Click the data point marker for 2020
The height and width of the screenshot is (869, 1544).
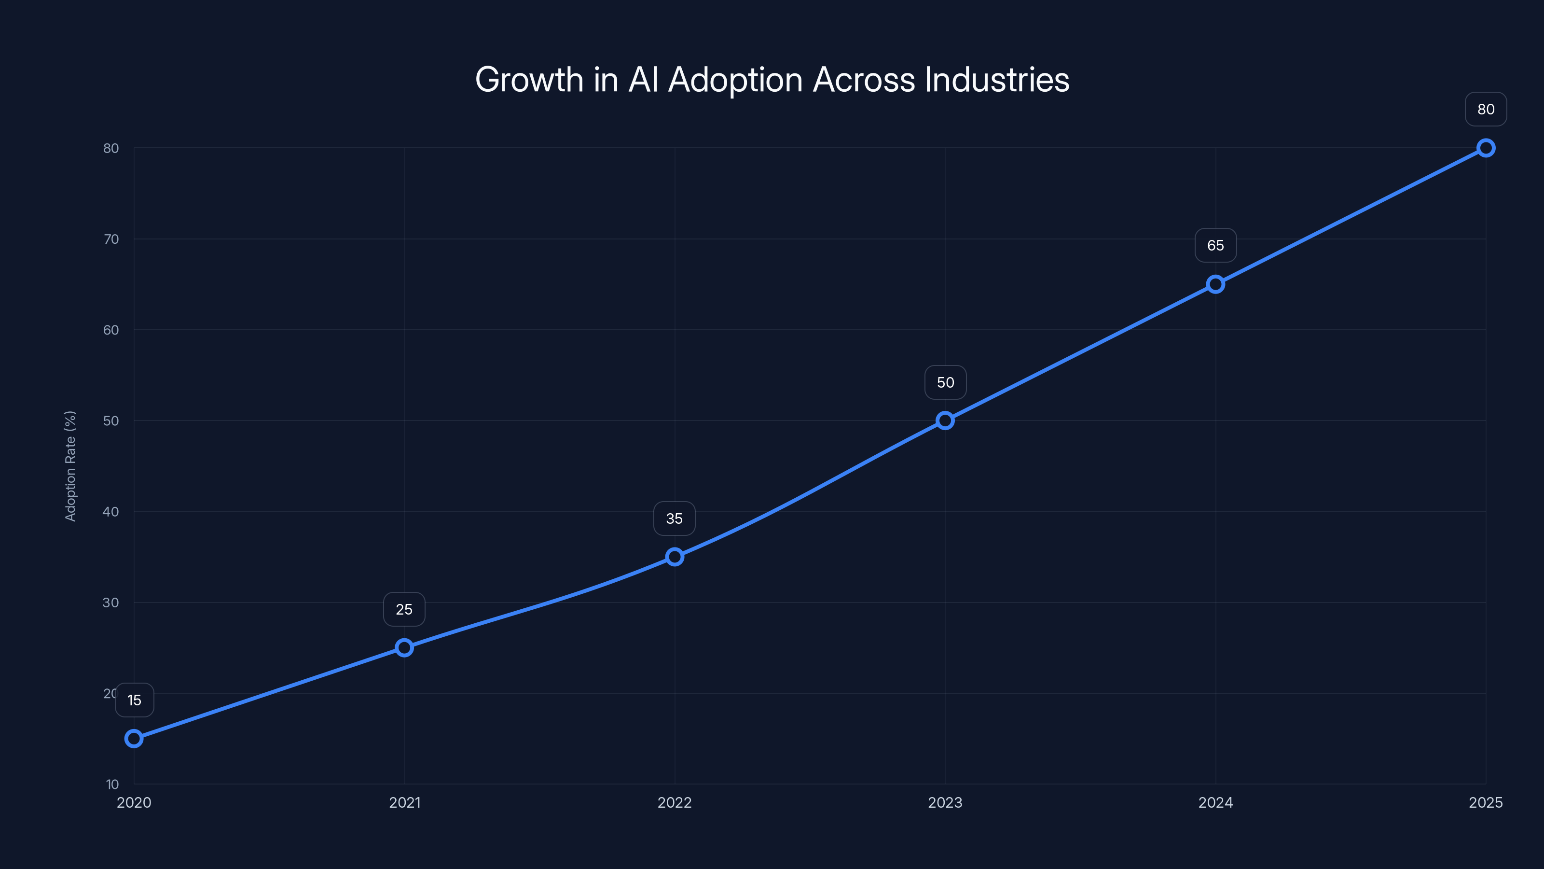[134, 738]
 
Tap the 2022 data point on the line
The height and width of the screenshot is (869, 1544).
[675, 557]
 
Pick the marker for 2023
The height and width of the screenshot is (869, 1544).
[945, 420]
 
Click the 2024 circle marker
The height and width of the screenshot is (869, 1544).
[1215, 284]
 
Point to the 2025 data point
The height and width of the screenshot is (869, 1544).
[1486, 148]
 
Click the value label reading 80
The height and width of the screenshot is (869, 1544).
[1486, 109]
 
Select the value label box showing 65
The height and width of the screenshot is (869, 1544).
[1215, 245]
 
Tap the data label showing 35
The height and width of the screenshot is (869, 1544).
[675, 519]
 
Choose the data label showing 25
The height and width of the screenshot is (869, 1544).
[404, 609]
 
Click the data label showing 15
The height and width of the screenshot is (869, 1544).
[134, 700]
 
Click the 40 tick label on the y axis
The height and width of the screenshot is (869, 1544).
[111, 512]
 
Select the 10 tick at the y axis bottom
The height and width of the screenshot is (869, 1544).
[112, 784]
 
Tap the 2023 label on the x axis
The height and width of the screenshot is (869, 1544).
[945, 802]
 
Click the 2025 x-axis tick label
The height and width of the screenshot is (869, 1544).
[1486, 802]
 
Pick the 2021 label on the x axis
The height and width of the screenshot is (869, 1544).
[405, 802]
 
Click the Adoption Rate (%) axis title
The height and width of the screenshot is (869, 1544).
[70, 466]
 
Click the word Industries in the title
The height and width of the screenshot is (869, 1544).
[997, 80]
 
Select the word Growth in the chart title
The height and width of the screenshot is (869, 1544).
[529, 80]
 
